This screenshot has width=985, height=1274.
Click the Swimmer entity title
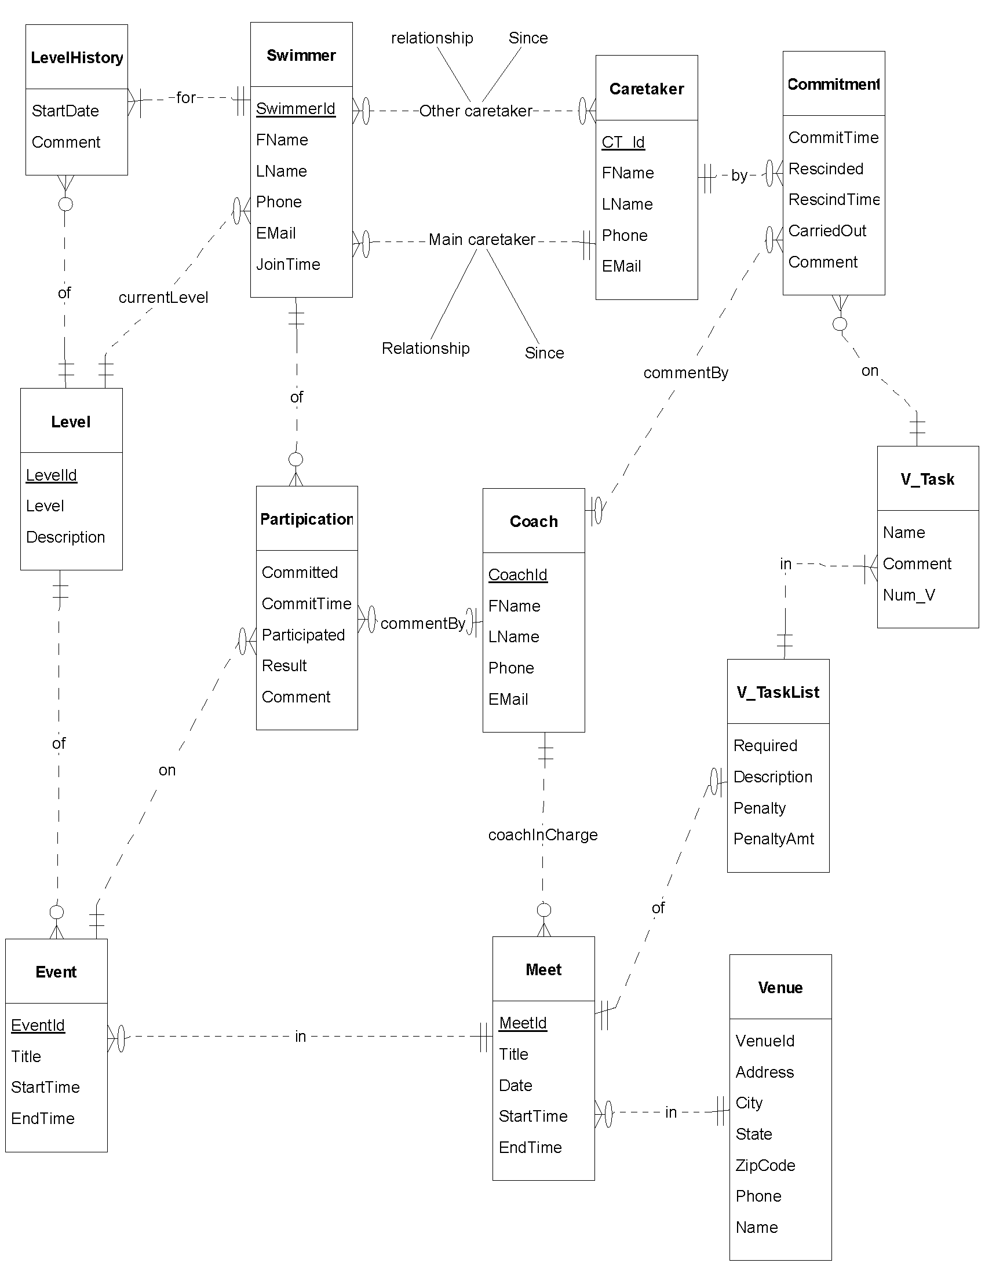point(301,56)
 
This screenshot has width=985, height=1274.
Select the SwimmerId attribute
point(296,109)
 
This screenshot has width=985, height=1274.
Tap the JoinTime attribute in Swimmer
point(289,264)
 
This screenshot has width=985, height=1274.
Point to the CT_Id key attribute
point(623,142)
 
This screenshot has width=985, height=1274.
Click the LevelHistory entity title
point(76,58)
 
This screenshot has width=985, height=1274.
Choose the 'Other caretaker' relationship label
point(476,111)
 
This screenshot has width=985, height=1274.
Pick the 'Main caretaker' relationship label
point(482,240)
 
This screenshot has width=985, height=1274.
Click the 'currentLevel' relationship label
point(163,298)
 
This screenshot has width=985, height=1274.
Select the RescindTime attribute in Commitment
point(834,200)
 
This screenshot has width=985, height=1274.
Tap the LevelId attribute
point(52,475)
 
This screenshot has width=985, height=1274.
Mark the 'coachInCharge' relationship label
point(543,834)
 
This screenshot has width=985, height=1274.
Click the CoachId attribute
point(517,574)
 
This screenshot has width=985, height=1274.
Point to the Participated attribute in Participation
point(304,635)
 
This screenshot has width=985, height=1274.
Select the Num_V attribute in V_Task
point(909,595)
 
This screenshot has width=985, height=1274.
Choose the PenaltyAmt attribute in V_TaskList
point(773,839)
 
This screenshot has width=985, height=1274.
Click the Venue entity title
point(780,987)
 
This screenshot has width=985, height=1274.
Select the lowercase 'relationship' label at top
point(432,38)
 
